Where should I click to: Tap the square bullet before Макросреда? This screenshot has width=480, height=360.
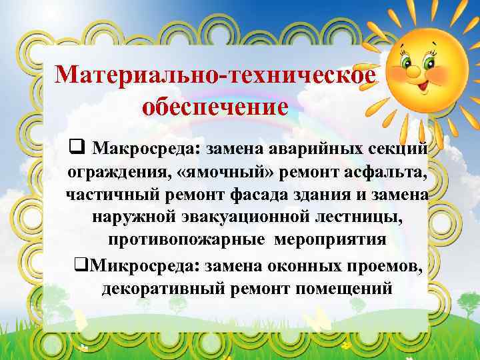(x=75, y=146)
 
